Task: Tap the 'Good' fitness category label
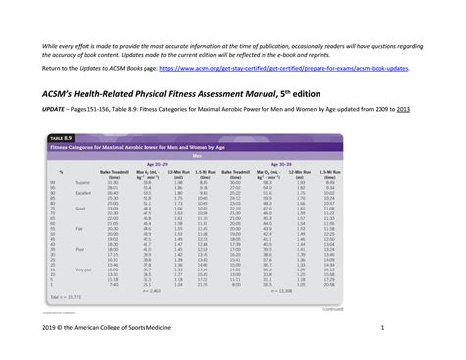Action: tap(81, 209)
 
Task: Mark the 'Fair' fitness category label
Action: tap(80, 228)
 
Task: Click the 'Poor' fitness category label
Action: tap(81, 250)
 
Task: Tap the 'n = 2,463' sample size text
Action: tap(152, 291)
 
